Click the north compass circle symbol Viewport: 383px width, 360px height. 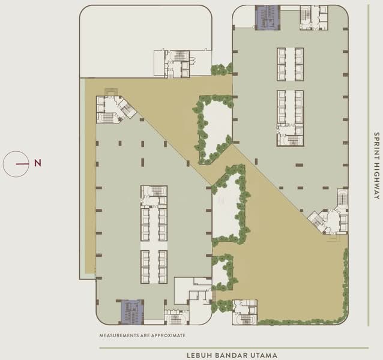point(17,163)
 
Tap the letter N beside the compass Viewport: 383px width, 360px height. point(38,163)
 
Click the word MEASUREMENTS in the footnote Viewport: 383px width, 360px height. point(123,335)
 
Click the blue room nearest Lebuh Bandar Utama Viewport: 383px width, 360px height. point(132,310)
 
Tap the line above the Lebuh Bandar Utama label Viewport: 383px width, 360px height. point(234,347)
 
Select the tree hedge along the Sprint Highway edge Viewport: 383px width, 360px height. point(345,282)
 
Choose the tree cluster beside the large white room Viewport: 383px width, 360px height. point(221,69)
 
